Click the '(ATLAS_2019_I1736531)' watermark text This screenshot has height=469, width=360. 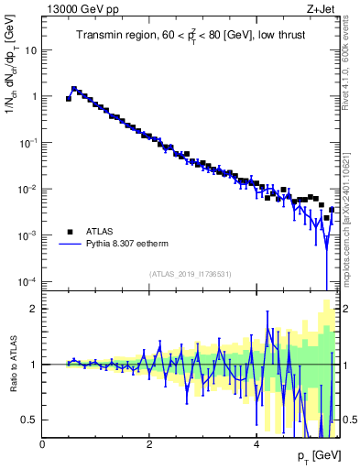tap(190, 274)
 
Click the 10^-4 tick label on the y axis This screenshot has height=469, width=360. tap(27, 281)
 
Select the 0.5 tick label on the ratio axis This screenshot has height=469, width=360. tap(29, 420)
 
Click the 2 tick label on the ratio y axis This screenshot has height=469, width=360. tap(34, 309)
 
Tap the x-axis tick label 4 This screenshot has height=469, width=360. tap(256, 444)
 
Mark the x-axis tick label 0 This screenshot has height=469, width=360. tap(42, 444)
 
